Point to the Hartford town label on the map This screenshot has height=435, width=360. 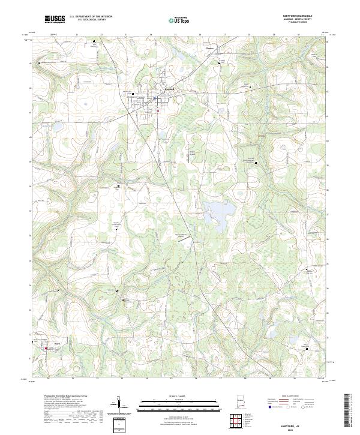(169, 89)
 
